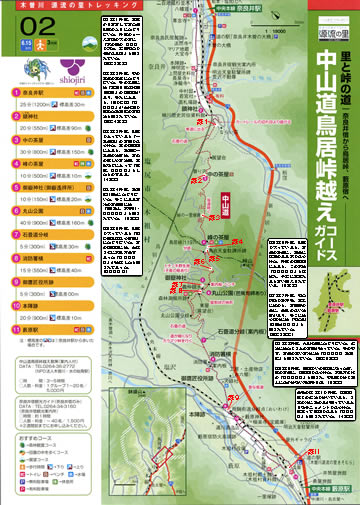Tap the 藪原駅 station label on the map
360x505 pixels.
(342, 487)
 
